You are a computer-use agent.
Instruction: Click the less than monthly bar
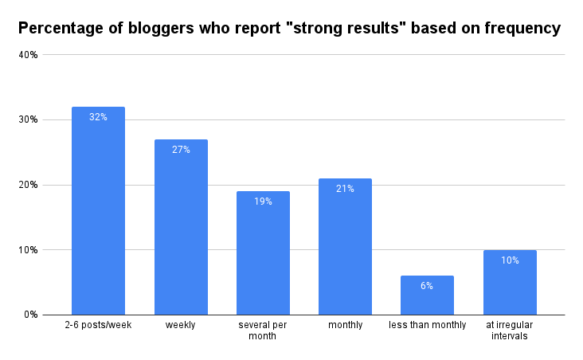428,295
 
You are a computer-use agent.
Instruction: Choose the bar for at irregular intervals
510,283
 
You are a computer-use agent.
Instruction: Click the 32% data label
98,117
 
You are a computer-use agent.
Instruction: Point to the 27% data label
181,150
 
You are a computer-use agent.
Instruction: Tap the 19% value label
263,202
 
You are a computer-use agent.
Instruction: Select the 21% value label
345,189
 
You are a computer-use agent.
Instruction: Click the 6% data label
428,286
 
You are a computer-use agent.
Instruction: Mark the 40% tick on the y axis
29,55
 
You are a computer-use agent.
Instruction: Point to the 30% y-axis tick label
29,119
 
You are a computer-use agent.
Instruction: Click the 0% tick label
31,315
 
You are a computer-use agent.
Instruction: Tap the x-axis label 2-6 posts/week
98,326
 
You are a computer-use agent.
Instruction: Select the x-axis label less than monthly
428,326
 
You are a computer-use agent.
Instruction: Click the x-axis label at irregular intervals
510,331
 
